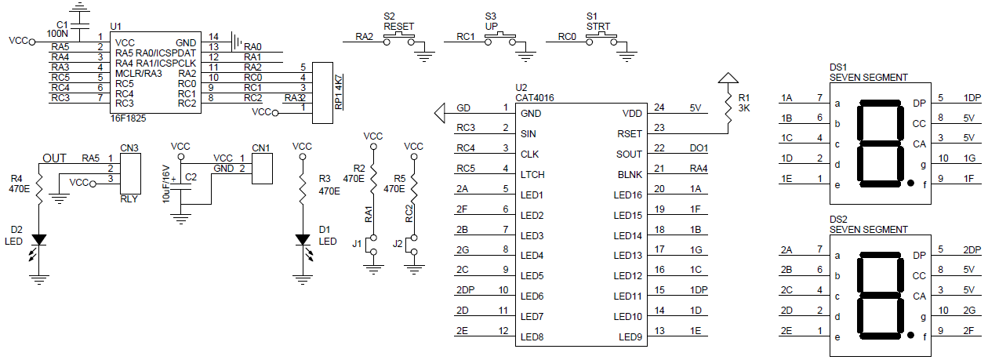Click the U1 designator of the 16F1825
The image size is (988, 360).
(116, 26)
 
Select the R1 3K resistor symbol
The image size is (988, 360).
(729, 102)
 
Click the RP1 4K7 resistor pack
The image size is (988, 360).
(323, 92)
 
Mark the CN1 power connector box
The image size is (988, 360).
(261, 167)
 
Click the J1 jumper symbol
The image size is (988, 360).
(374, 244)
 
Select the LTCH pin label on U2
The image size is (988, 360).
(533, 175)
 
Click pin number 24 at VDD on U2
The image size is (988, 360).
(660, 108)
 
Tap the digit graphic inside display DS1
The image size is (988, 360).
(880, 141)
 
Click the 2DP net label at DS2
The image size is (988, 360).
(972, 250)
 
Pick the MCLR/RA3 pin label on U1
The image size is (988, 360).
(138, 74)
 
